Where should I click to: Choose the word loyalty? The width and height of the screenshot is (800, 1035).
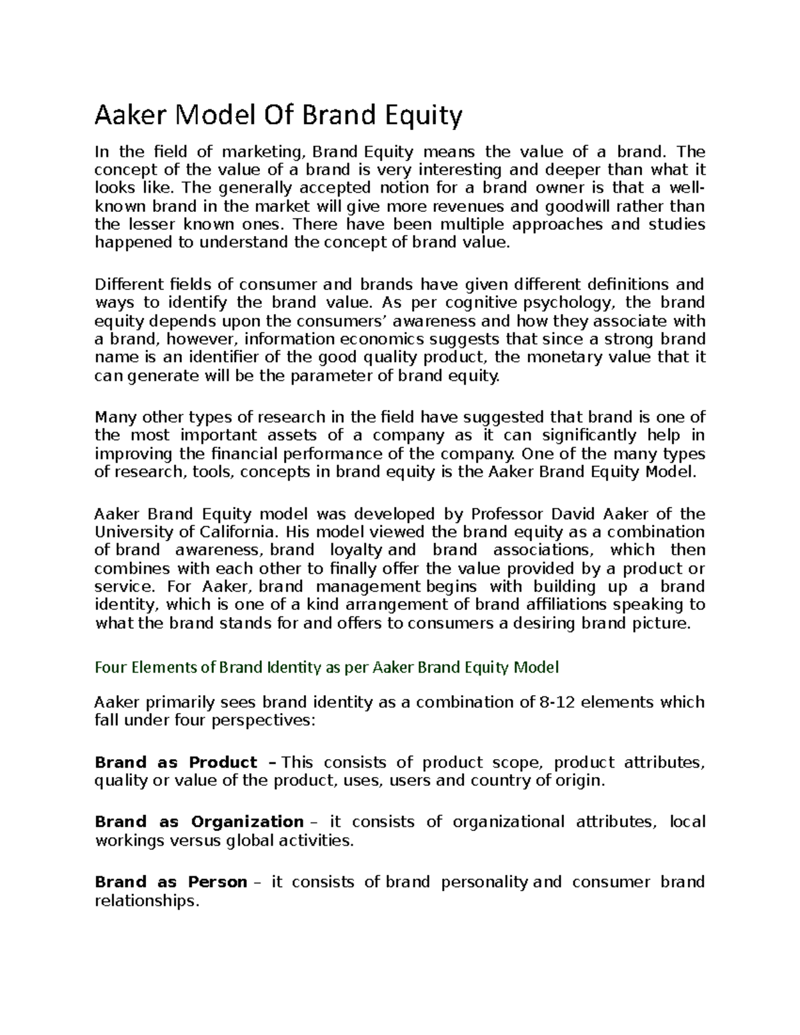(x=357, y=550)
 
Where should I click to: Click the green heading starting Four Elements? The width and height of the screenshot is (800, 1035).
(x=327, y=667)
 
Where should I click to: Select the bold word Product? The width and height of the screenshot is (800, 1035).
(x=223, y=762)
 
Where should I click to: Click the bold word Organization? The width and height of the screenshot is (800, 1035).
(x=247, y=822)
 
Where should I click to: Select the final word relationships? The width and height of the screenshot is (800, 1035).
(x=147, y=901)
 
